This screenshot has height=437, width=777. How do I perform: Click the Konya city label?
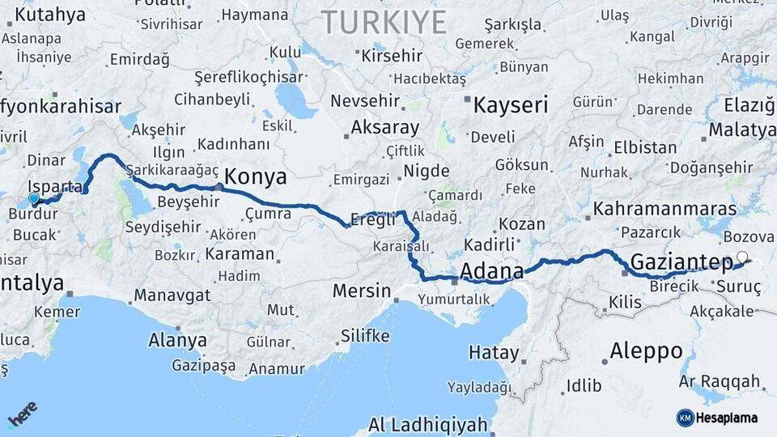(256, 176)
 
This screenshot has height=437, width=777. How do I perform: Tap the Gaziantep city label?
(681, 261)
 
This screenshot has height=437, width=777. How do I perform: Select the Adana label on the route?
(491, 269)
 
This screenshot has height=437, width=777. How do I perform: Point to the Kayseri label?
(511, 105)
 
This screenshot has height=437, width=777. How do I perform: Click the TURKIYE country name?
(384, 22)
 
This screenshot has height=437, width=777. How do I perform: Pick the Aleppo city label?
(646, 351)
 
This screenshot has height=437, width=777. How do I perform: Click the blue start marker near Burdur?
(33, 198)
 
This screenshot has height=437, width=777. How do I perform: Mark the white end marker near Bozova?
(742, 258)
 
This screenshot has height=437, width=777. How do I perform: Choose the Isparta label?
(55, 186)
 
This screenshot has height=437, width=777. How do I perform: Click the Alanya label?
(177, 341)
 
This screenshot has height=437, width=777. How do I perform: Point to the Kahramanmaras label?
(664, 209)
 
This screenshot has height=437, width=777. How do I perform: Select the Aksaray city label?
(384, 128)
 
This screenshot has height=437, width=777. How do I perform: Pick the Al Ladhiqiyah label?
(428, 424)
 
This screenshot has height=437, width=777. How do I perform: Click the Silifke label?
(365, 336)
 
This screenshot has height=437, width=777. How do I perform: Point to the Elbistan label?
(644, 148)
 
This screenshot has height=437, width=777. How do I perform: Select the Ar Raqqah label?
(720, 381)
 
